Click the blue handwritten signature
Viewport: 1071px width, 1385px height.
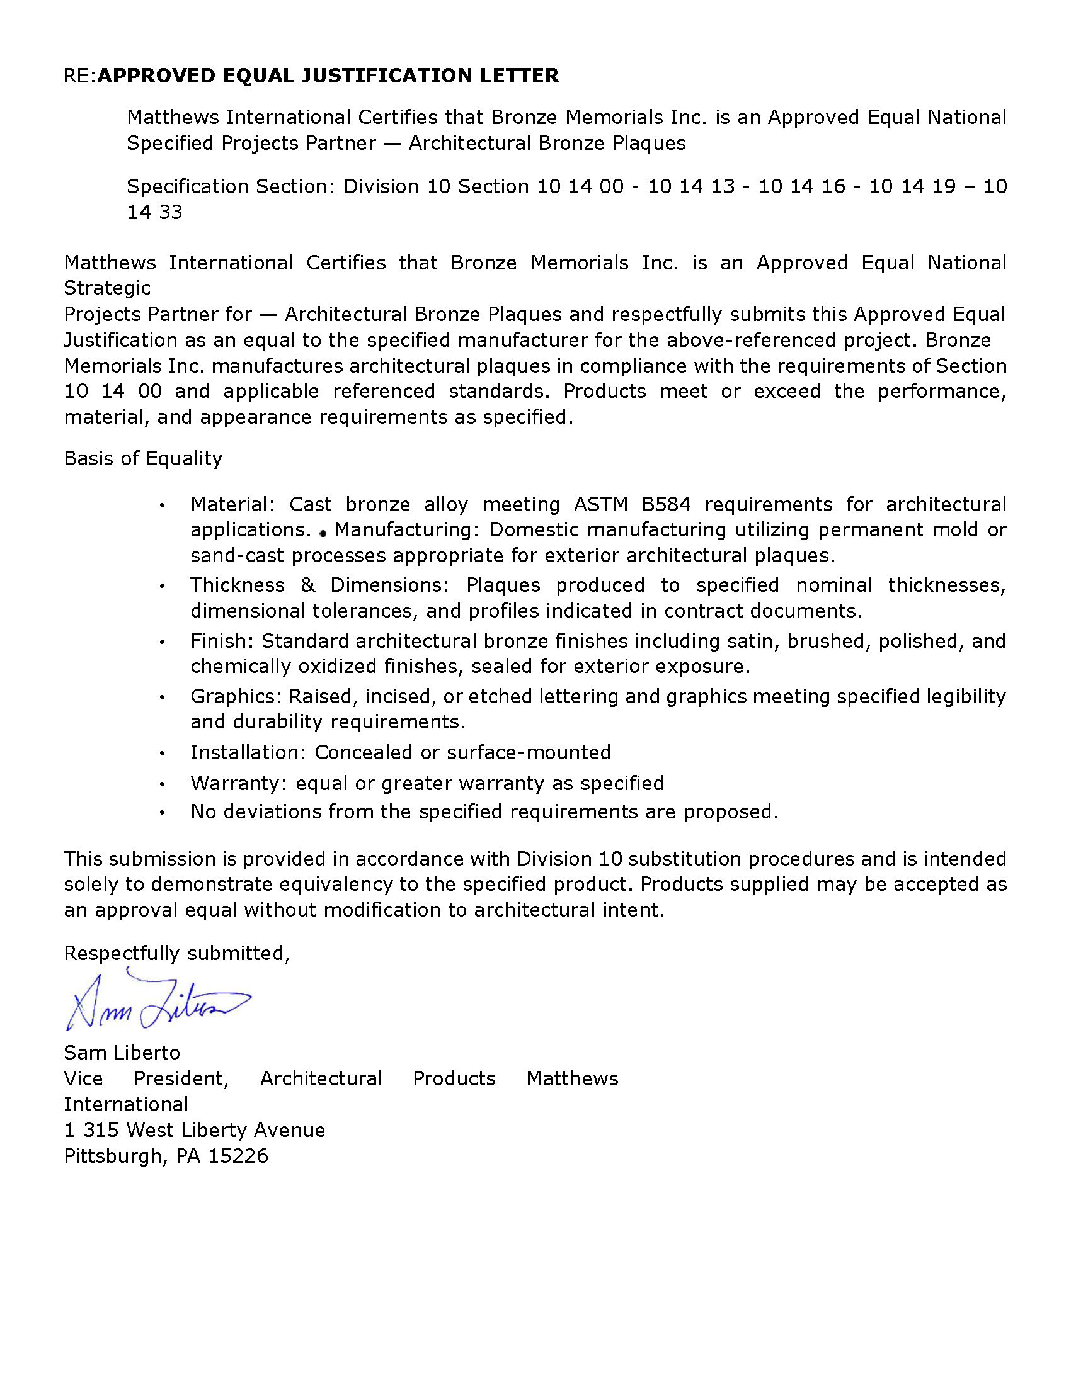click(157, 1002)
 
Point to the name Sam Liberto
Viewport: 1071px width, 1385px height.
click(122, 1053)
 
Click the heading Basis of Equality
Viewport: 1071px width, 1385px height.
click(143, 458)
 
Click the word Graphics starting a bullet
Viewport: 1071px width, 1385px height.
click(232, 696)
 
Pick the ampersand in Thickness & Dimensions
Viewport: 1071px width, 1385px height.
click(307, 585)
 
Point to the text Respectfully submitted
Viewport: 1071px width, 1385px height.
click(176, 953)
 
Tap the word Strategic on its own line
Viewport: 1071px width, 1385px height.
click(107, 288)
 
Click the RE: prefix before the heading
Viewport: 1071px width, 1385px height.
click(80, 76)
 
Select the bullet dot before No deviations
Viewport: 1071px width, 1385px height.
click(163, 812)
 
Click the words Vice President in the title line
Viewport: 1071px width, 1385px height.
click(147, 1078)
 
